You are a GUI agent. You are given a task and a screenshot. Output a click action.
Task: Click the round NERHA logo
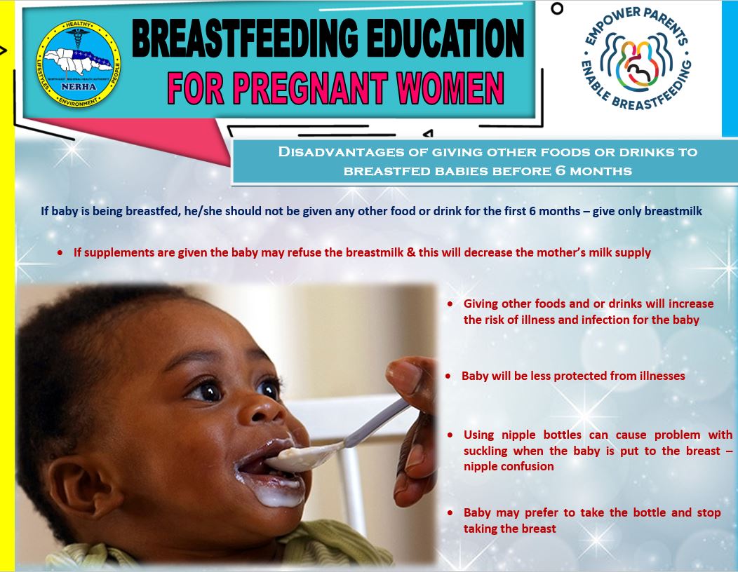pos(78,64)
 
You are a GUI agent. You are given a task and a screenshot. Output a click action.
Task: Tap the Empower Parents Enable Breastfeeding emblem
pos(636,60)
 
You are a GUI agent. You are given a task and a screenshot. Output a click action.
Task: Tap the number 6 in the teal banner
pos(560,170)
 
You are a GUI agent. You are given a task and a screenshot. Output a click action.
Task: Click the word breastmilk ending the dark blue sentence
pos(673,211)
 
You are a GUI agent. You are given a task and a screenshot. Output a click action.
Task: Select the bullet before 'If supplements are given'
pos(60,253)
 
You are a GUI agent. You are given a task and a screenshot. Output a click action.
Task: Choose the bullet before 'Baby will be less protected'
pos(448,376)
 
